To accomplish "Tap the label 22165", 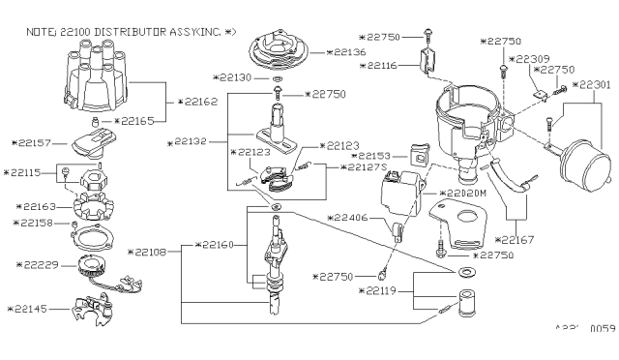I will tap(141, 121).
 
